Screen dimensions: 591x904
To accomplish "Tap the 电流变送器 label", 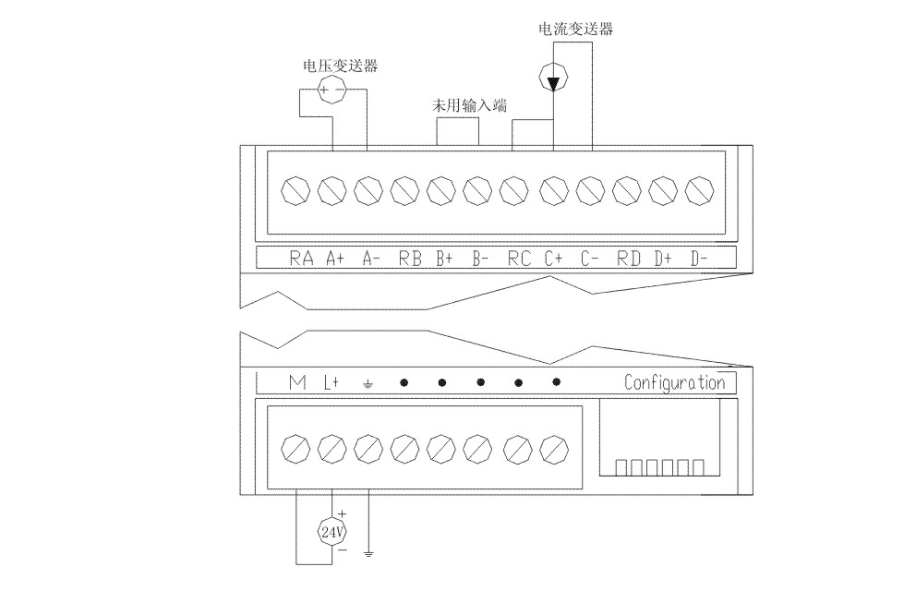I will [x=575, y=29].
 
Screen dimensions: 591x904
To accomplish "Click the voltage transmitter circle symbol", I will [x=331, y=90].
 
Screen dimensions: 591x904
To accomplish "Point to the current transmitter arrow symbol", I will [x=552, y=82].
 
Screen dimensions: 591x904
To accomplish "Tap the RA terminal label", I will [x=301, y=259].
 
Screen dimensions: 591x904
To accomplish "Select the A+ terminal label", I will [x=335, y=259].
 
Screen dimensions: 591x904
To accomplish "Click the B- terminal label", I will [x=480, y=259].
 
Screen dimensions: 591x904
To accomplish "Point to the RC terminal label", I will [x=519, y=259].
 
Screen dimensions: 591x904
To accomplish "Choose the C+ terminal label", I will [x=554, y=259].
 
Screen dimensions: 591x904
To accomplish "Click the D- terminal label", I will [x=699, y=259].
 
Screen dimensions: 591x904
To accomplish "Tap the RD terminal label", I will [x=629, y=259].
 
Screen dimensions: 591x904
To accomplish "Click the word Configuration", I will [x=674, y=382].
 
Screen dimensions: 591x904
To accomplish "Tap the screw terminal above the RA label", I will [x=295, y=191].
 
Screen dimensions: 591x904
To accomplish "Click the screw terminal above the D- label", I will [x=701, y=191].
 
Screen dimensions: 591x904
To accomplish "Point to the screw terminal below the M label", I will [x=295, y=450].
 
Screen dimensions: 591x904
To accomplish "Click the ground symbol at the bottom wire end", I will [x=368, y=554].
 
